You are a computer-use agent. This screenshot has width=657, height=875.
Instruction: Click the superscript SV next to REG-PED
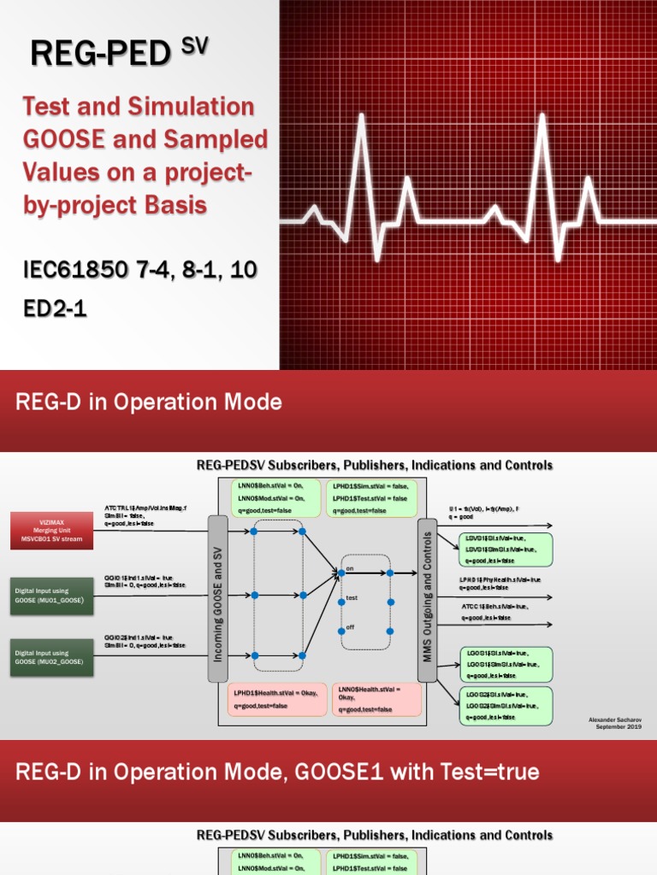(x=194, y=46)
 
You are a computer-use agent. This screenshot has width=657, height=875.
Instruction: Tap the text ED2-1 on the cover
(x=55, y=308)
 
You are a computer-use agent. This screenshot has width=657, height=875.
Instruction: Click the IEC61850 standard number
(x=82, y=271)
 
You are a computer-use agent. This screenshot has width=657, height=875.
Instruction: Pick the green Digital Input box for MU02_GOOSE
(x=52, y=656)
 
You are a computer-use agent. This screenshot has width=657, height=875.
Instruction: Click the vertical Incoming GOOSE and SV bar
(x=217, y=598)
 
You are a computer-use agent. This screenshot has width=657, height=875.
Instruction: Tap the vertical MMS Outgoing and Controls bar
(x=427, y=598)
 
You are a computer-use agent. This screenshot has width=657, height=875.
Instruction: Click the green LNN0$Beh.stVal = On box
(x=275, y=497)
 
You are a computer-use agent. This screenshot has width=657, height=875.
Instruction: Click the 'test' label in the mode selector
(x=351, y=598)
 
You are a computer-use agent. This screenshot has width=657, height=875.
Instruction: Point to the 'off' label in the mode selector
(x=349, y=627)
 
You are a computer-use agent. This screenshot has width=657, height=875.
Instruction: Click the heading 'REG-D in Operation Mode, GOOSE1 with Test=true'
(x=277, y=772)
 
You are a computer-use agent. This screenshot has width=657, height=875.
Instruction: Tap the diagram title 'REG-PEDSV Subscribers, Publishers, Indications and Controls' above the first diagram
(x=375, y=466)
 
